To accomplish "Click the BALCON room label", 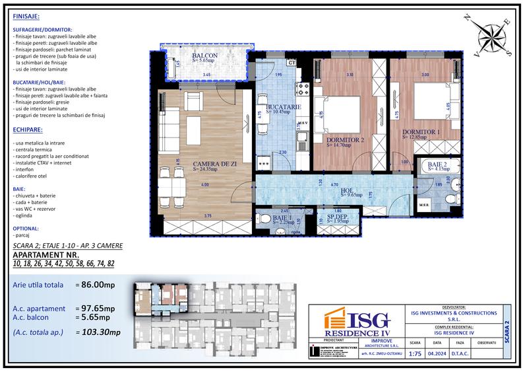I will (x=206, y=56).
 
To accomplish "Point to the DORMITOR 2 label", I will (x=345, y=140).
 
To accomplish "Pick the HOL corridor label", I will (x=348, y=190).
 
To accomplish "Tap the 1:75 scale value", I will (x=415, y=353).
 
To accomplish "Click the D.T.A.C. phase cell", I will (x=460, y=353).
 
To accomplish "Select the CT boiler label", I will (x=292, y=63).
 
